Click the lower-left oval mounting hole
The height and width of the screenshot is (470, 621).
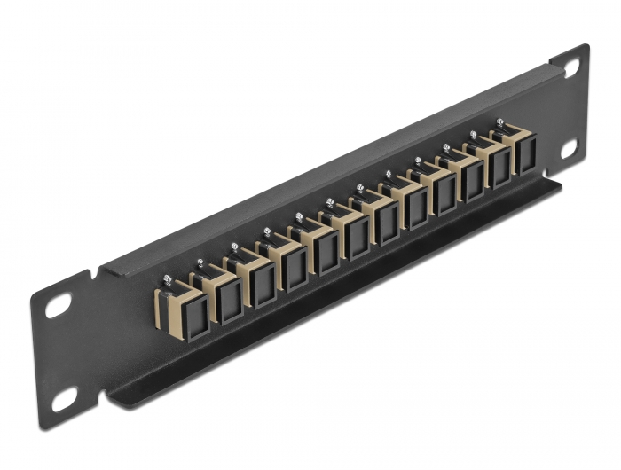(x=64, y=401)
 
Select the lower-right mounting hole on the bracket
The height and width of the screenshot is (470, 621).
(x=569, y=145)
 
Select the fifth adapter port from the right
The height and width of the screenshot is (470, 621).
(x=415, y=206)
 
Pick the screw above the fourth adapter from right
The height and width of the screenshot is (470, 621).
(x=417, y=161)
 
